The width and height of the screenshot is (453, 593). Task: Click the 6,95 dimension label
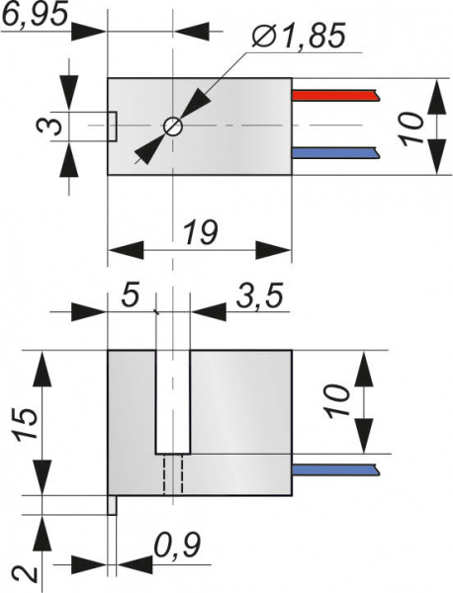tap(35, 14)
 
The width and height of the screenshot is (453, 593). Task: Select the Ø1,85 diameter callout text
tap(299, 35)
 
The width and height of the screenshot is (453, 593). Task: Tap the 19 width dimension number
tap(201, 232)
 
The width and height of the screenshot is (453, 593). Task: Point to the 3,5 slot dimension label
tap(260, 296)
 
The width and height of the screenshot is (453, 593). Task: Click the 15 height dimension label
tap(26, 424)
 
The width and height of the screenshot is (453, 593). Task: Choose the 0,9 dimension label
tap(177, 545)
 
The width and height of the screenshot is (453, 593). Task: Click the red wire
tap(335, 95)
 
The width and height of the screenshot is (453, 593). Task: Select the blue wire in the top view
tap(335, 153)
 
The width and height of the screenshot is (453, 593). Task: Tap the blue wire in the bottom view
tap(335, 469)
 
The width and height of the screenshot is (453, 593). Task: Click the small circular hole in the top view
tap(173, 127)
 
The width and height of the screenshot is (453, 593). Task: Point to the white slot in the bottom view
tap(173, 401)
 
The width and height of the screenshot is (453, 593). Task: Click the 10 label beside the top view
tap(411, 128)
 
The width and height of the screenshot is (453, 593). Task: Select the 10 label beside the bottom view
tap(338, 401)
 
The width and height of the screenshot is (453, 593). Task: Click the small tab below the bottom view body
tap(112, 505)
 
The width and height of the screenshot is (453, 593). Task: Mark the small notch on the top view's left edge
tap(112, 127)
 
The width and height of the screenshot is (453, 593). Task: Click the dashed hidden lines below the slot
tap(173, 474)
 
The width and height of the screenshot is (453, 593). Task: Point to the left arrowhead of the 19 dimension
tap(126, 250)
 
